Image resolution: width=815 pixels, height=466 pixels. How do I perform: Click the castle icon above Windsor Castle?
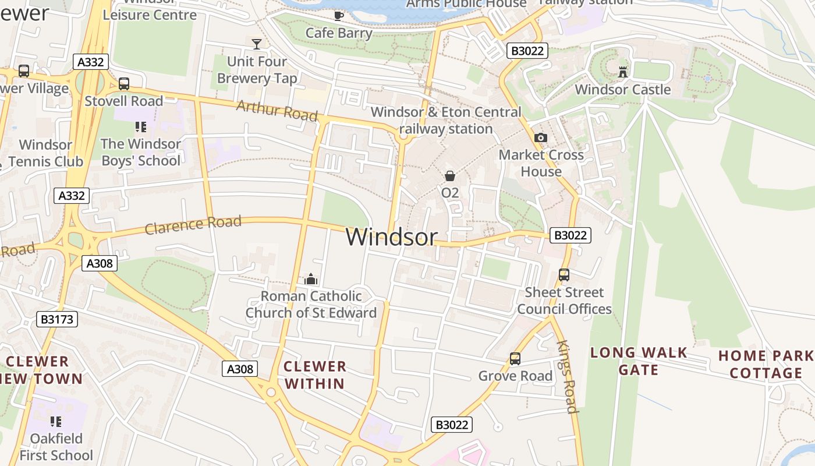tap(623, 72)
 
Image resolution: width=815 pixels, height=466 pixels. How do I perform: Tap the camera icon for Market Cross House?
tap(541, 138)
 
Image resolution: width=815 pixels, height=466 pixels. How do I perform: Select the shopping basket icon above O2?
tap(450, 175)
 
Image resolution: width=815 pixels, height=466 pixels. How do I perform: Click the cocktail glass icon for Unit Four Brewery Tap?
tap(256, 44)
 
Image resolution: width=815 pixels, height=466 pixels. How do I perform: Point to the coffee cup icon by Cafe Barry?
tap(338, 16)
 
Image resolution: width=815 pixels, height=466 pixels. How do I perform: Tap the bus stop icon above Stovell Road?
tap(124, 84)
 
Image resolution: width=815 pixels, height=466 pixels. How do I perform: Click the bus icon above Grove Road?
tap(515, 359)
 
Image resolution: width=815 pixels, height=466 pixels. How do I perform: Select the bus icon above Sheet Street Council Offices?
tap(564, 275)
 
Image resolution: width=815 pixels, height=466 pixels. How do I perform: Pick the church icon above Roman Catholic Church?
tap(311, 279)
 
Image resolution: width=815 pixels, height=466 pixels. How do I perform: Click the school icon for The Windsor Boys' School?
tap(140, 126)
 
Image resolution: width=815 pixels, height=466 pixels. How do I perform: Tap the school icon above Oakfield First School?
tap(56, 421)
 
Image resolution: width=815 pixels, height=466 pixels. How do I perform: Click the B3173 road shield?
tap(56, 319)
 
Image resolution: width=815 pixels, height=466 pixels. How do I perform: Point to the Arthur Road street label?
tap(277, 110)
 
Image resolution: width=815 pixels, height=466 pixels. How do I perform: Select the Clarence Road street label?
tap(193, 224)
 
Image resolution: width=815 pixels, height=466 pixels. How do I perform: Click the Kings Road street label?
tap(567, 377)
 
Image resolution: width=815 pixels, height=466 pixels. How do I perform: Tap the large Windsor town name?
tap(391, 237)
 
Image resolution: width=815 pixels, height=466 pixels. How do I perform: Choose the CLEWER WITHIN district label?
tap(315, 375)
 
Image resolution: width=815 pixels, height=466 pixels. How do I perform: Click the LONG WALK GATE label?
tap(639, 361)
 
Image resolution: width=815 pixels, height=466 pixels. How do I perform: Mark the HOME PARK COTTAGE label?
tap(766, 364)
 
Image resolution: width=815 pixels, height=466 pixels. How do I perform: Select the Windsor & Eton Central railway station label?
tap(446, 120)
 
